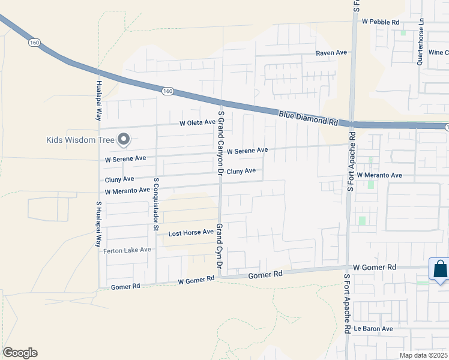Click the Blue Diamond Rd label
(x=308, y=117)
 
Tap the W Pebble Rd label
(x=381, y=22)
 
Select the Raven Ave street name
(x=332, y=53)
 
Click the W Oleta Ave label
(x=197, y=122)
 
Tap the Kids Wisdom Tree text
(x=80, y=140)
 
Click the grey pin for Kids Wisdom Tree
(x=124, y=139)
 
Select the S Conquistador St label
(x=155, y=204)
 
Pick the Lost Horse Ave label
(x=191, y=232)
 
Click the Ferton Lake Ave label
(x=127, y=250)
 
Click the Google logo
(x=20, y=353)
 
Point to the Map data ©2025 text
(x=423, y=355)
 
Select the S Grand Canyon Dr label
(x=221, y=143)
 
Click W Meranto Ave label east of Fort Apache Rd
(x=379, y=175)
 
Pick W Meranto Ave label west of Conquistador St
(x=127, y=191)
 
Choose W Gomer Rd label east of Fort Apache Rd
(x=375, y=266)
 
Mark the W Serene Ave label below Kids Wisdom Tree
(x=125, y=160)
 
